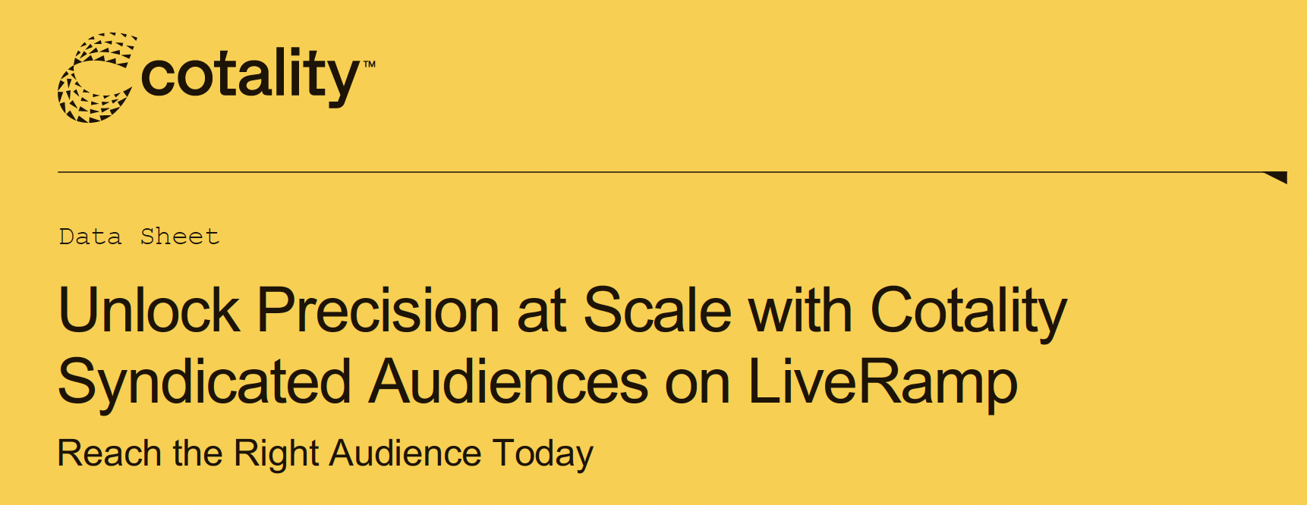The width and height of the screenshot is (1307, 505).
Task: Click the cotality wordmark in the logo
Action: click(x=250, y=77)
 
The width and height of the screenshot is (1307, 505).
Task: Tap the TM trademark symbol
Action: click(x=369, y=64)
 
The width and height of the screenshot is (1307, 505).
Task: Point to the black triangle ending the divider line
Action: click(x=1277, y=177)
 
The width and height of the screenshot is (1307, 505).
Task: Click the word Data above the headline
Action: click(x=90, y=237)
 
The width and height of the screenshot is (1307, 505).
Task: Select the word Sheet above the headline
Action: click(x=180, y=237)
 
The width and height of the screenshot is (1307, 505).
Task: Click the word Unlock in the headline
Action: click(x=149, y=310)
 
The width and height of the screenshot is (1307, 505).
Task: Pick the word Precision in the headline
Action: click(x=378, y=310)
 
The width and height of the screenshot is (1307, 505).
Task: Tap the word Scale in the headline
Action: click(x=657, y=310)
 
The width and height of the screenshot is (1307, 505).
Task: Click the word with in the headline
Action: click(x=801, y=310)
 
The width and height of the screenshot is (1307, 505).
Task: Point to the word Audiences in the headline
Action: click(x=509, y=381)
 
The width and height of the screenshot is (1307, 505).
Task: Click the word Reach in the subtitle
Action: click(x=109, y=453)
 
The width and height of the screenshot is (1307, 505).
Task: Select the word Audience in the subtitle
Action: click(x=405, y=453)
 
